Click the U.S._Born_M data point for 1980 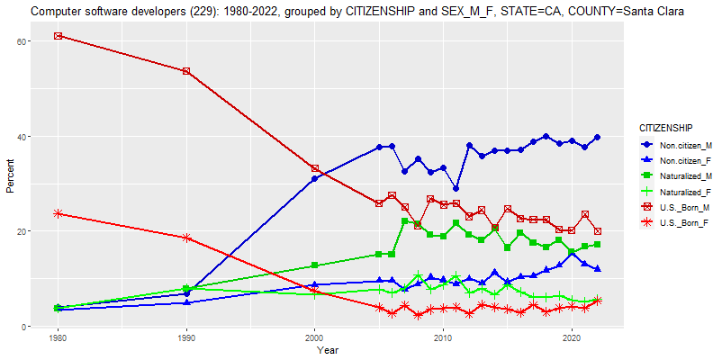(x=58, y=36)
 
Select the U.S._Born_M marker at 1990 (x=186, y=71)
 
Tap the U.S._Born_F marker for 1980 (x=58, y=213)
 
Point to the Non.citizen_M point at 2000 (x=314, y=179)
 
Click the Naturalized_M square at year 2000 (x=314, y=265)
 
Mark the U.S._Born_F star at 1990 (x=186, y=238)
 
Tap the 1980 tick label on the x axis (x=58, y=338)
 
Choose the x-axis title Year (x=328, y=351)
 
